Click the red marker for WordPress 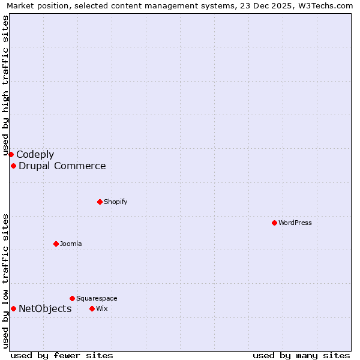(x=274, y=223)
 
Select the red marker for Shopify (x=100, y=202)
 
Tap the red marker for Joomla (x=56, y=244)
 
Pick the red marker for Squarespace (x=72, y=298)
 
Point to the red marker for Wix (x=92, y=308)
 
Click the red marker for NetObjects (x=13, y=308)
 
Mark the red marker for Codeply (x=11, y=154)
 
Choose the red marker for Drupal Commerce (x=13, y=166)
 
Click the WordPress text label (x=295, y=223)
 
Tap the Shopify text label (x=115, y=202)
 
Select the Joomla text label (x=71, y=244)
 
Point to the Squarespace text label (x=97, y=298)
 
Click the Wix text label (x=101, y=308)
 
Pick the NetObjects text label (x=45, y=308)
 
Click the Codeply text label (x=35, y=154)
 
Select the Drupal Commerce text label (x=62, y=166)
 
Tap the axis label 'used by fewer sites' (x=62, y=355)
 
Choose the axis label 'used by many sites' (x=301, y=355)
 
